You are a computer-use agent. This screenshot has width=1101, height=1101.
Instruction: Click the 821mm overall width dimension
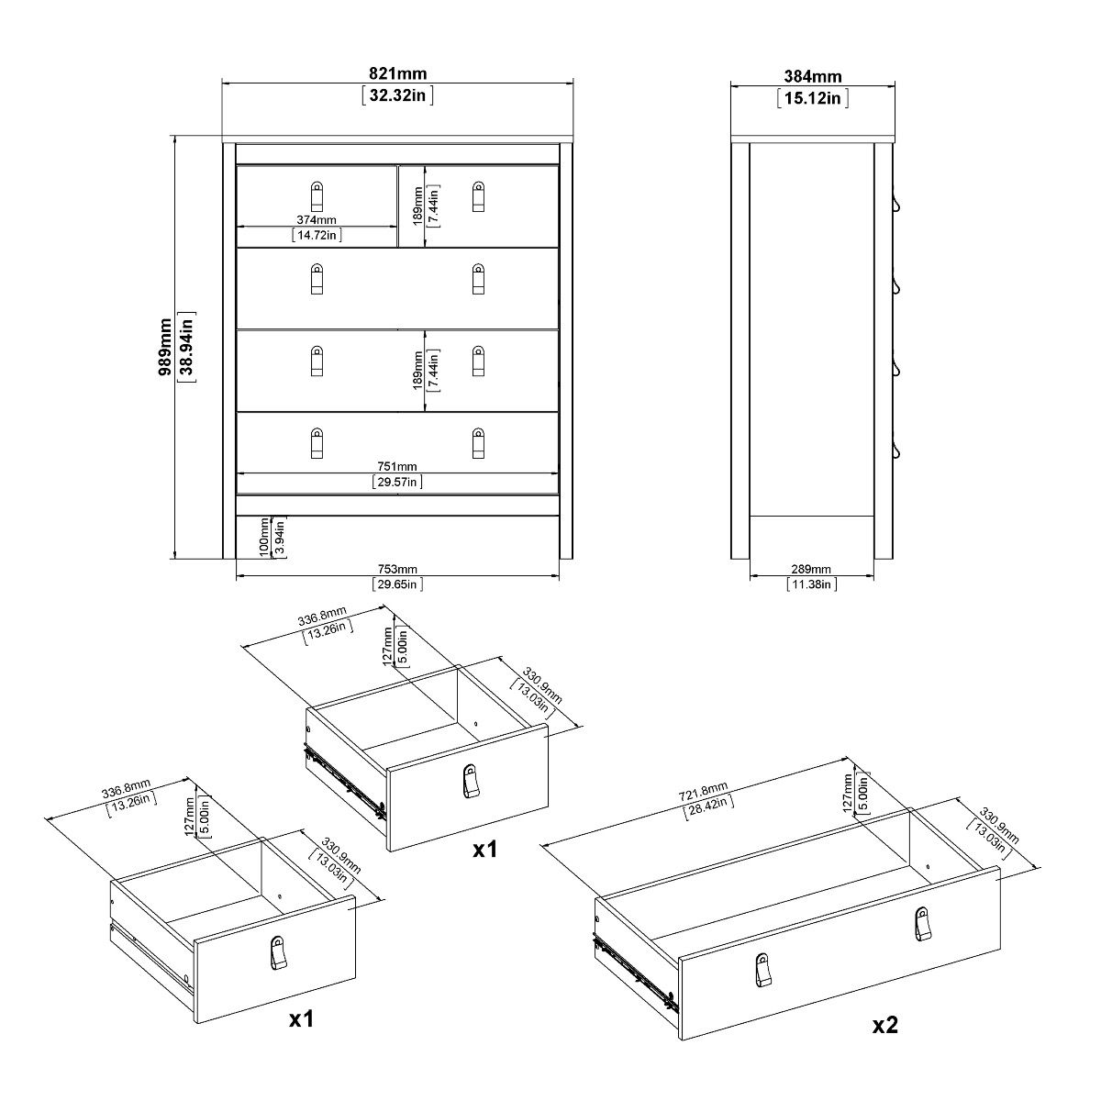(x=397, y=74)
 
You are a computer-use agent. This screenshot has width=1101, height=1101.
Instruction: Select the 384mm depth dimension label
(x=812, y=77)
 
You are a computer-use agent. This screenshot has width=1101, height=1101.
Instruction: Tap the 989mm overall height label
(x=165, y=348)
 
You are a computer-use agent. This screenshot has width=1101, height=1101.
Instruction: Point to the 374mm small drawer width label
(x=317, y=220)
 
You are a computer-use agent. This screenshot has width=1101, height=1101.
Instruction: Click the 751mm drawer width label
(x=397, y=466)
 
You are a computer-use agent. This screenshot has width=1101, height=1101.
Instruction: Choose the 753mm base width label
(x=397, y=569)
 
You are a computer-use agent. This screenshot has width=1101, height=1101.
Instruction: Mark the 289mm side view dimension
(x=811, y=569)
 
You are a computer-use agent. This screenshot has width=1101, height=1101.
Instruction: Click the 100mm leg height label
(x=263, y=537)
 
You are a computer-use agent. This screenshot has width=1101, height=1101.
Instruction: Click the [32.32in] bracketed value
(x=397, y=95)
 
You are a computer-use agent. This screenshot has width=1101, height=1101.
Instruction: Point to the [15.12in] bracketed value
(x=812, y=97)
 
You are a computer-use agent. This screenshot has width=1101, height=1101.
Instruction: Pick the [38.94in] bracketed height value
(x=186, y=348)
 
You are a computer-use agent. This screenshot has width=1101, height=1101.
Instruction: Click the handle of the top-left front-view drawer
(x=317, y=195)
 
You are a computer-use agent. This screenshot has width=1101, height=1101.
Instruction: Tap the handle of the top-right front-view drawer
(x=477, y=195)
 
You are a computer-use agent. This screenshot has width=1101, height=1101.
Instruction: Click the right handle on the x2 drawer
(x=921, y=924)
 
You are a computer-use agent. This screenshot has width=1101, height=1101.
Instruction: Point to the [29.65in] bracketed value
(x=397, y=584)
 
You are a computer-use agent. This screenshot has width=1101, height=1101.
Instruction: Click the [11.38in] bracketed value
(x=811, y=584)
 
